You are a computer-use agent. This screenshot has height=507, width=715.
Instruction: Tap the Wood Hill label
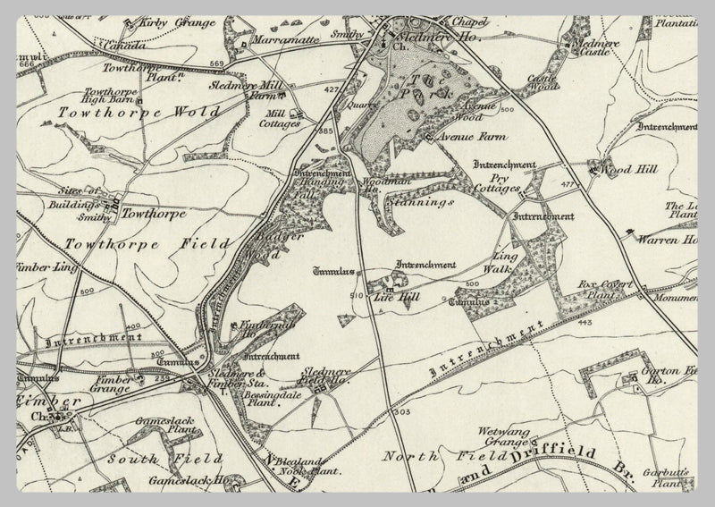pyautogui.click(x=623, y=168)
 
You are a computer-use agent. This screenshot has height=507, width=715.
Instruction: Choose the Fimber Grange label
pyautogui.click(x=114, y=384)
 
